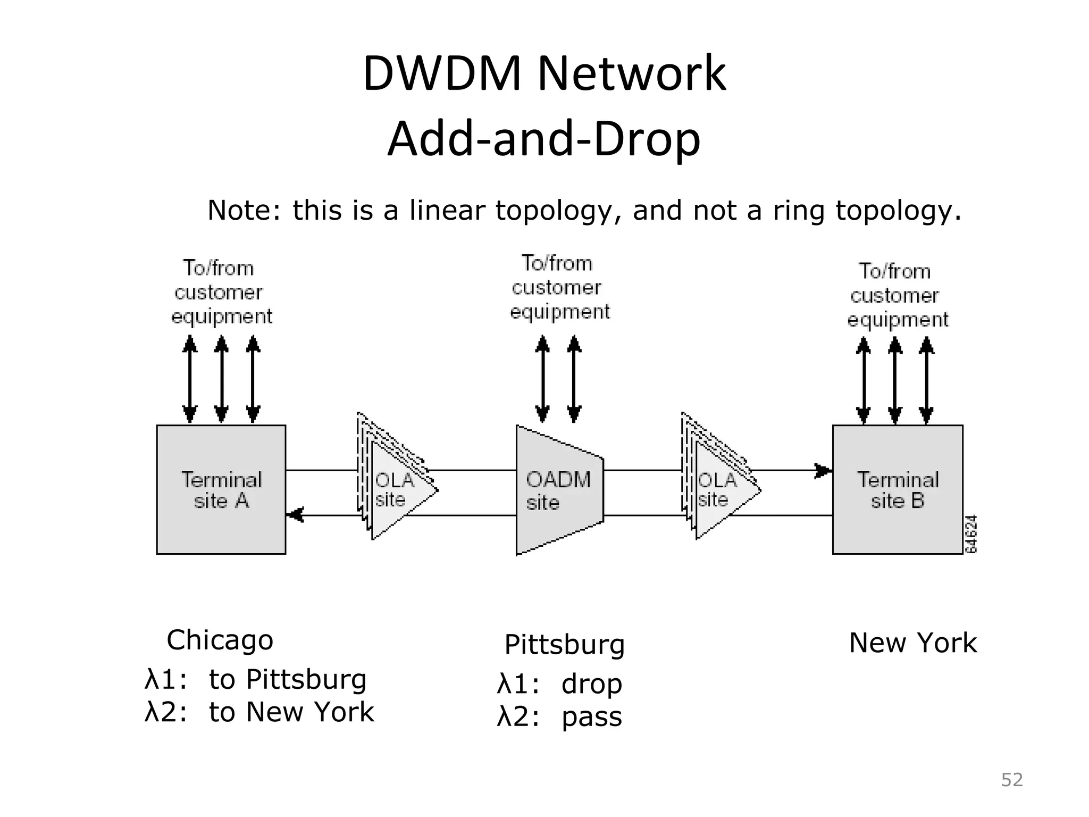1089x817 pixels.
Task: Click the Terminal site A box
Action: coord(221,489)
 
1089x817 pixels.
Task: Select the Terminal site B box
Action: coord(897,489)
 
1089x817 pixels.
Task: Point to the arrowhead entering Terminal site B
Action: coord(823,471)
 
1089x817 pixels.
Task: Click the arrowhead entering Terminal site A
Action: coord(295,515)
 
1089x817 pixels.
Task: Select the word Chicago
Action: coord(220,640)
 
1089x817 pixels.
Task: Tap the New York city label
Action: coord(912,643)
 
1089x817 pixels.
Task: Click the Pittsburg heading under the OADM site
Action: coord(564,645)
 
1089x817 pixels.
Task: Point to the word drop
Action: coord(591,684)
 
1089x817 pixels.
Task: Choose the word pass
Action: coord(591,717)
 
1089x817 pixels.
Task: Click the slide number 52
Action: coord(1012,780)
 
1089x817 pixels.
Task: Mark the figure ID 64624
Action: coord(971,534)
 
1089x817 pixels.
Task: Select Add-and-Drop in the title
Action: coord(544,139)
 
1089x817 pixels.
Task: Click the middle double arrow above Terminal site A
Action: coord(221,379)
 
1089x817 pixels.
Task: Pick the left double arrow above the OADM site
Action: coord(542,379)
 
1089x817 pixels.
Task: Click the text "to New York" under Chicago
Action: coord(291,712)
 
